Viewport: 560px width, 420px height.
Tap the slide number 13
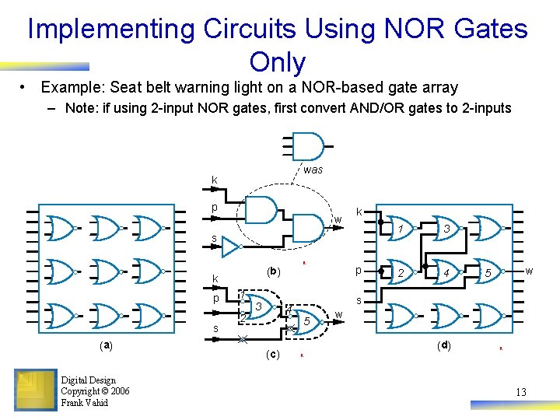[520, 392]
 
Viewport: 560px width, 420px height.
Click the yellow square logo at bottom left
[35, 390]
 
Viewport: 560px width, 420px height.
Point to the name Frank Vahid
[85, 402]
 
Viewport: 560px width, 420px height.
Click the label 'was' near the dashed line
[313, 170]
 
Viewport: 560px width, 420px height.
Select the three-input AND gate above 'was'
[308, 145]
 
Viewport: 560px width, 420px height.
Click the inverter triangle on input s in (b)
[231, 247]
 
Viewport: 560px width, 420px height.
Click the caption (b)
[273, 272]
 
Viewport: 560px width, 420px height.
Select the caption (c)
[272, 355]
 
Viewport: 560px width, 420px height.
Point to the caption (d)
[443, 345]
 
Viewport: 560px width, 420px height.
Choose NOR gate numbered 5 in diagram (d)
[487, 273]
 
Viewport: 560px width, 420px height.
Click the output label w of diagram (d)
[529, 271]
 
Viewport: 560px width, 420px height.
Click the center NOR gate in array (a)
[107, 272]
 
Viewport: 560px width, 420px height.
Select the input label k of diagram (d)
[359, 212]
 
